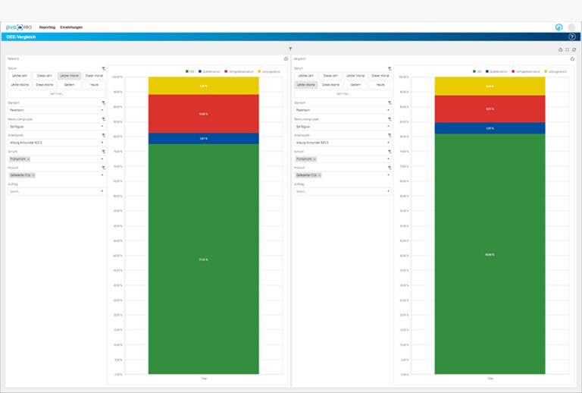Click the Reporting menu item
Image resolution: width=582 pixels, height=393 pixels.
[47, 27]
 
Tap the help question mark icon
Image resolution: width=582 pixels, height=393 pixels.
[571, 36]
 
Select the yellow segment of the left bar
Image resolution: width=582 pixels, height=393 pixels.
[203, 85]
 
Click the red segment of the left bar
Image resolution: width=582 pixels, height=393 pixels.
[203, 114]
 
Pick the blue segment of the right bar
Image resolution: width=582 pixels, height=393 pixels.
[489, 128]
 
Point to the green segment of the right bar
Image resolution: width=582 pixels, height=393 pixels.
[489, 253]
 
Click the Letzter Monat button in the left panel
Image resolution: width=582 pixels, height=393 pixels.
[69, 76]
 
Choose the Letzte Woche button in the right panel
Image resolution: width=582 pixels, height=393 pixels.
[306, 84]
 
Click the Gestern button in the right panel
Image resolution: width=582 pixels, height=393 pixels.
[355, 84]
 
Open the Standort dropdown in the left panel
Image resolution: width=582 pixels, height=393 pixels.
[56, 110]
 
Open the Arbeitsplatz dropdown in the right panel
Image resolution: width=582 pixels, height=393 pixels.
[343, 142]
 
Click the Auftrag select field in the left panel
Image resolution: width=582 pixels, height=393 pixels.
[56, 191]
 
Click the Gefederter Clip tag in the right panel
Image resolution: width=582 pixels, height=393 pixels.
[308, 175]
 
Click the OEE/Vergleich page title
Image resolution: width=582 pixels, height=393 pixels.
[21, 36]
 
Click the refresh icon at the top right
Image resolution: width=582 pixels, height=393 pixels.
[574, 49]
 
